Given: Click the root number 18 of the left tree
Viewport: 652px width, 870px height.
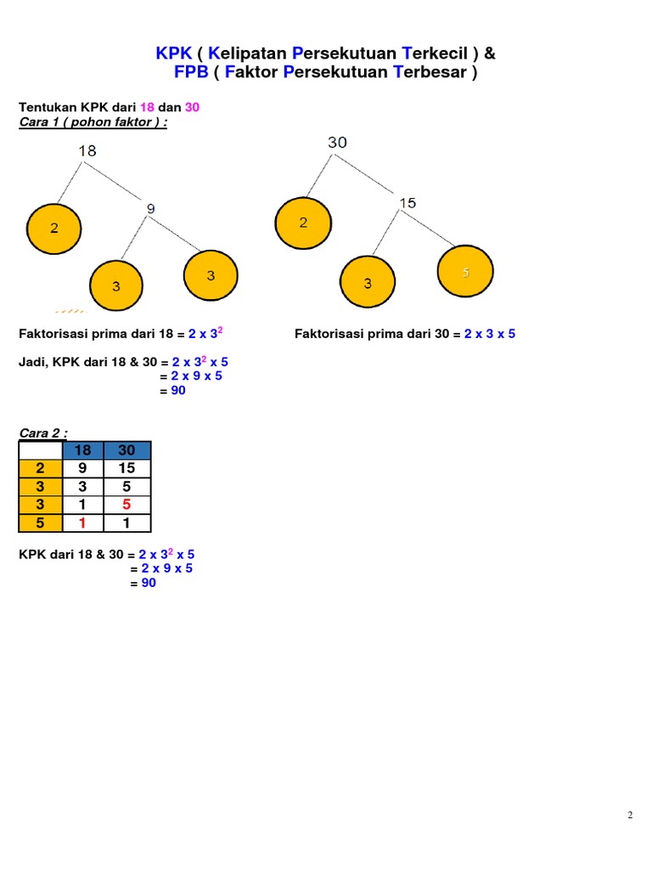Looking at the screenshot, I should coord(87,150).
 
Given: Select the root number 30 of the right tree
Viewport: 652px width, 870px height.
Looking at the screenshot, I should coord(337,143).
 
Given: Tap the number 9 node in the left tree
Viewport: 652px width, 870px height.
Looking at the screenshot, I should coord(150,207).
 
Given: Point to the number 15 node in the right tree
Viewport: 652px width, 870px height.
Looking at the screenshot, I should coord(407,203).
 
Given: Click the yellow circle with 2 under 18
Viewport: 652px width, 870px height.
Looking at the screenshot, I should coord(54,229).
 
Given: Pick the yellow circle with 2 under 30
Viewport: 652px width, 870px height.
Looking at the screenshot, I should coord(303,223).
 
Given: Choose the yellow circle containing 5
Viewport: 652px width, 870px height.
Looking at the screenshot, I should coord(465,272).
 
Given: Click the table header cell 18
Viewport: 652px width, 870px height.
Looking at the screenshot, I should coord(83,450).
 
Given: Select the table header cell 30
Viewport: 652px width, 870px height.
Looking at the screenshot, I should coord(127,450).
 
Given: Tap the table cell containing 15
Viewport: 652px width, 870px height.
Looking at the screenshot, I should coord(127,468).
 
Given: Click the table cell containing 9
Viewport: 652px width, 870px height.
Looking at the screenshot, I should coord(83,468).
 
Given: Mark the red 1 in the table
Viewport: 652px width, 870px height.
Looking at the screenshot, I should coord(83,523).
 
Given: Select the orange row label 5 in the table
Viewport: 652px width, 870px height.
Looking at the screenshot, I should coord(40,523).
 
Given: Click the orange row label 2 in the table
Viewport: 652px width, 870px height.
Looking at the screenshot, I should coord(40,468).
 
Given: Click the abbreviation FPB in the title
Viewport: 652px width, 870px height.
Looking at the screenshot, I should coord(191,72).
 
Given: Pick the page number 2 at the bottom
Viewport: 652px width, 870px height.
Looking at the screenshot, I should coord(630,816).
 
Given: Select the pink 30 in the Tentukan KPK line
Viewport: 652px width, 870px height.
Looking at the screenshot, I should coord(191,107).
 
